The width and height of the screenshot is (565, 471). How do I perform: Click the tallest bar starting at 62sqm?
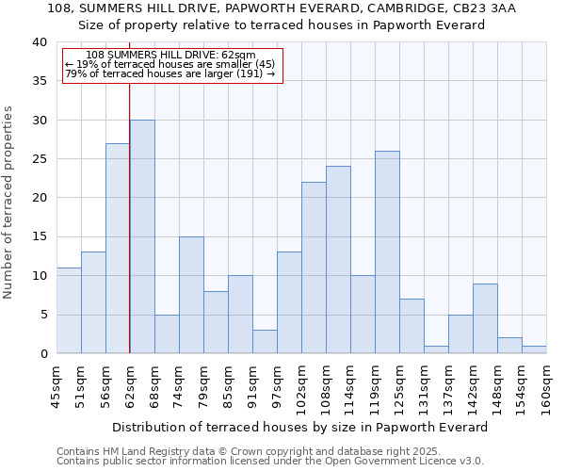tap(142, 236)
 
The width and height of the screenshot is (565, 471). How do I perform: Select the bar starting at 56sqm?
tap(118, 249)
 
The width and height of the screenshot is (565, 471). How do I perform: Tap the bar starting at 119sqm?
tap(387, 252)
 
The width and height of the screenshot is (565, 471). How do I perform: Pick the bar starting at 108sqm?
tap(338, 260)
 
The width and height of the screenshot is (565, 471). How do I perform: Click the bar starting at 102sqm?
tap(314, 268)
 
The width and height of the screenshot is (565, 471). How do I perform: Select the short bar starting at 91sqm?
tap(265, 342)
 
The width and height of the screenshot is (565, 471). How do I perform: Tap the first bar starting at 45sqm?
tap(69, 311)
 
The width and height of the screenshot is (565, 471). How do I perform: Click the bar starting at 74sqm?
tap(191, 295)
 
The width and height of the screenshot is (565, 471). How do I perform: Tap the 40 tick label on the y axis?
tap(39, 42)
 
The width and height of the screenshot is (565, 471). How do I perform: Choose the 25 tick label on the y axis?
tap(39, 159)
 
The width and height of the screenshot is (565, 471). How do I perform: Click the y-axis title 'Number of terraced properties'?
tap(9, 202)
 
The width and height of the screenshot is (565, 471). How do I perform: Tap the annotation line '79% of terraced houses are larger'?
tap(169, 73)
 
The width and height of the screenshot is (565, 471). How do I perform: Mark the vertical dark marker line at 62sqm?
tap(129, 235)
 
